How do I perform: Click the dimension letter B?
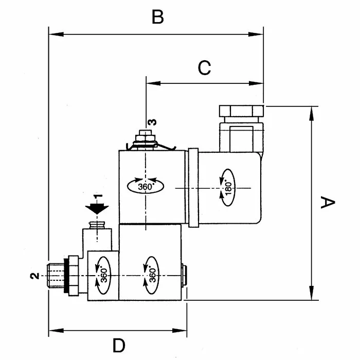(158, 17)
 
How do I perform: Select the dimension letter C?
(204, 68)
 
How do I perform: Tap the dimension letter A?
(328, 202)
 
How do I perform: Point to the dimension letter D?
(119, 345)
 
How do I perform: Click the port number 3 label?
(152, 122)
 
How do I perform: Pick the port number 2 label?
(34, 276)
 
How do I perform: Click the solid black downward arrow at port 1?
(97, 208)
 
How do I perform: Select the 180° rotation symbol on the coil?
(228, 188)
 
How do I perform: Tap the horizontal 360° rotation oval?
(146, 186)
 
